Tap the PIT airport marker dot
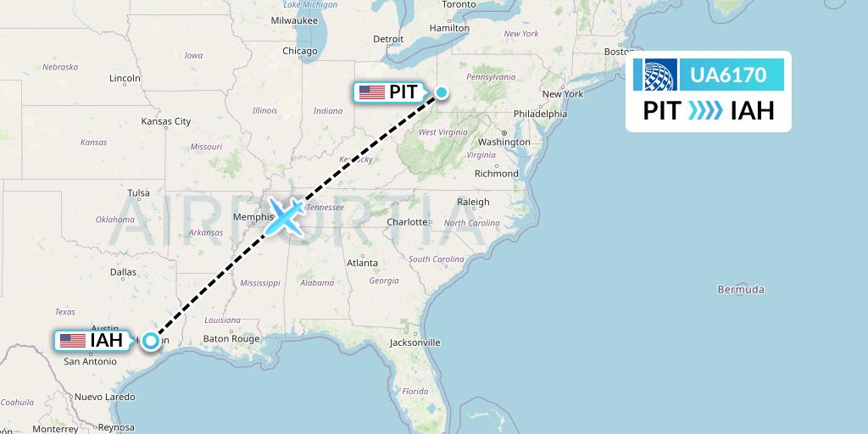tap(442, 92)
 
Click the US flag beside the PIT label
tap(371, 92)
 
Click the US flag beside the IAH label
tap(73, 341)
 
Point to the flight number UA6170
tap(728, 75)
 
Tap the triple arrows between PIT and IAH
tap(705, 110)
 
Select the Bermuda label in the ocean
tap(741, 289)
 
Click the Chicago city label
tap(299, 51)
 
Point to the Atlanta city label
tap(362, 263)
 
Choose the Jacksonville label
tap(415, 342)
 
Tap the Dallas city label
tap(123, 272)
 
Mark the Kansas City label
tap(166, 121)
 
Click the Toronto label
tap(459, 4)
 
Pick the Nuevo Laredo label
tap(105, 396)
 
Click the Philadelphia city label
tap(540, 114)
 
